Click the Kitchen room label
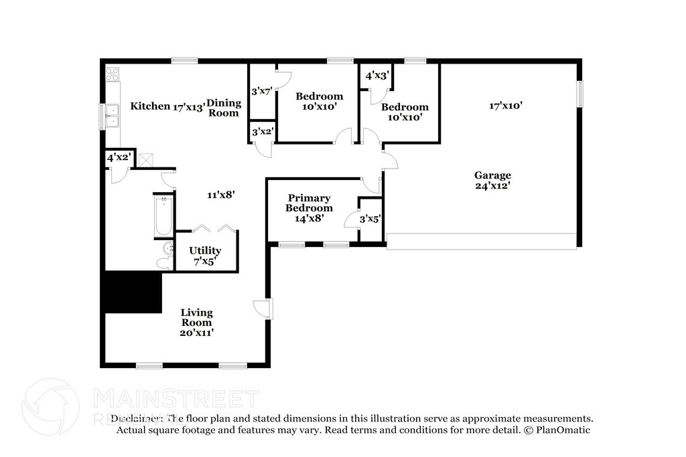point(150,106)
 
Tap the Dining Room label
point(223,108)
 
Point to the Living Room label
point(196,317)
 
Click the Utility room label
point(204,256)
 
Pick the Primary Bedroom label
point(309,203)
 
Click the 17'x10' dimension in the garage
point(506,105)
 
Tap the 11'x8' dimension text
point(220,195)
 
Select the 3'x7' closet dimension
point(261,91)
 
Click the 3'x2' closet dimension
point(261,131)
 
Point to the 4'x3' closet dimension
point(377,76)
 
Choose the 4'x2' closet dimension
point(119,158)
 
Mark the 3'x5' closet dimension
point(370,218)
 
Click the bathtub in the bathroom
point(163,215)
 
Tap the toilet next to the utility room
point(164,255)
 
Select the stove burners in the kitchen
point(112,74)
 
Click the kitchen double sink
point(112,116)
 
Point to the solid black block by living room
point(131,292)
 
